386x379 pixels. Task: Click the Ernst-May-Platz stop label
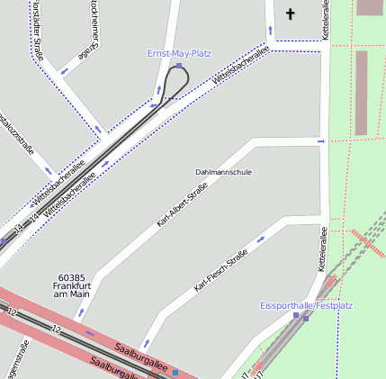pos(179,53)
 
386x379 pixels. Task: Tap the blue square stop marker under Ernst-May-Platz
pos(179,65)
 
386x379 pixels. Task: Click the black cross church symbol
pos(290,14)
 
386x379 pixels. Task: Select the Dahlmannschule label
pos(223,171)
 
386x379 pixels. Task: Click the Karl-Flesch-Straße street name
pos(220,272)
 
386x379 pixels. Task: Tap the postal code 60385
pos(70,277)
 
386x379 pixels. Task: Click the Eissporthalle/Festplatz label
pos(306,305)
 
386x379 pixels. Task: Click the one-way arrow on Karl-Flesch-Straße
pos(261,239)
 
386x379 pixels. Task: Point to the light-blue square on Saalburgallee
pos(176,372)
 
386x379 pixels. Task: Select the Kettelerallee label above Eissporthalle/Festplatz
pos(322,249)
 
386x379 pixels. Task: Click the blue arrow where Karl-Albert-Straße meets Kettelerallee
pos(320,140)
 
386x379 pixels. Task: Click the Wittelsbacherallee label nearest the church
pos(240,68)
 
